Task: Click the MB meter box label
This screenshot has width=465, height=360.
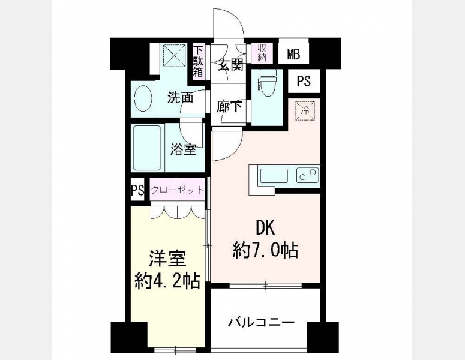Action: click(293, 54)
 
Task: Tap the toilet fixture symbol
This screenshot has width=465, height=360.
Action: click(268, 82)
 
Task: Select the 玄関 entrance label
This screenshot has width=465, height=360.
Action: click(231, 65)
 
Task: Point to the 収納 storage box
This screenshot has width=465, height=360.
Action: click(262, 53)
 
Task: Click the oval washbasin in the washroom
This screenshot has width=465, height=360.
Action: click(143, 98)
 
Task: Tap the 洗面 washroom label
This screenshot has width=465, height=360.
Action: click(181, 98)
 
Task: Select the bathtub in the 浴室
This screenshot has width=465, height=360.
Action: click(147, 148)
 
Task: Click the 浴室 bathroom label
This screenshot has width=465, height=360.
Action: click(183, 149)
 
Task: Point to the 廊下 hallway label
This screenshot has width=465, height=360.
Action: click(229, 106)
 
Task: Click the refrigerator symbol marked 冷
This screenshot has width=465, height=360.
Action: click(305, 111)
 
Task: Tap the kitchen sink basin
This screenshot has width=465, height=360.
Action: click(274, 176)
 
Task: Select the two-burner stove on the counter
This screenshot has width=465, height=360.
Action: click(308, 175)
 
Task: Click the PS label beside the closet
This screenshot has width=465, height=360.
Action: click(137, 190)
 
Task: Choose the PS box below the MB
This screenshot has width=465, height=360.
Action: click(304, 80)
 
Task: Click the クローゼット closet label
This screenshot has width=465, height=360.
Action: click(178, 189)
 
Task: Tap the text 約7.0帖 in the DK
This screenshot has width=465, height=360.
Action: click(265, 250)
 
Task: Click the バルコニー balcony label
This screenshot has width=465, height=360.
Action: click(261, 322)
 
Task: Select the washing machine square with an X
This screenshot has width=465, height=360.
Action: click(175, 55)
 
